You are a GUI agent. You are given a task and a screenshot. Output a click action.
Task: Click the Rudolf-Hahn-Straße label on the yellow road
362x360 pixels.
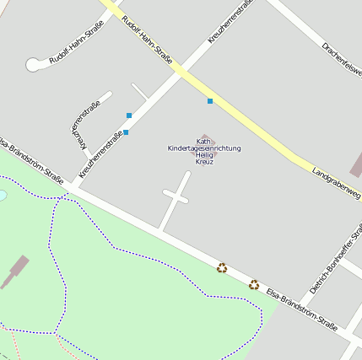point(147,40)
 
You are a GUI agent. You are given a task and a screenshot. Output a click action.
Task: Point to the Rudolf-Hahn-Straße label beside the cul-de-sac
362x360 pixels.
point(77,48)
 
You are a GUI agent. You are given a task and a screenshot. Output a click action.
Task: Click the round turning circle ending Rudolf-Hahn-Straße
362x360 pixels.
point(34,64)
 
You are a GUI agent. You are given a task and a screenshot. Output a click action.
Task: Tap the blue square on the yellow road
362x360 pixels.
point(210,101)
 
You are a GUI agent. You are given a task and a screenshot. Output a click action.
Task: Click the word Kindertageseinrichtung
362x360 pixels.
point(204,148)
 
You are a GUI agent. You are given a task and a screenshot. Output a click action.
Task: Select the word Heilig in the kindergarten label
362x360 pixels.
point(204,155)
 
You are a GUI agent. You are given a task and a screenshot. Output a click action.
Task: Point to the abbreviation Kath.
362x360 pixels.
point(203,141)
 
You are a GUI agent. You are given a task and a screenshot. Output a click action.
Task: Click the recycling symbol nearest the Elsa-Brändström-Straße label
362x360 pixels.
point(254,284)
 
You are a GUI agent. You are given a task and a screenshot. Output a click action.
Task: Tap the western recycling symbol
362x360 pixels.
point(222,268)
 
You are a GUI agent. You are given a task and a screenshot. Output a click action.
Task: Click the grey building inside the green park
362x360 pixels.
point(14,272)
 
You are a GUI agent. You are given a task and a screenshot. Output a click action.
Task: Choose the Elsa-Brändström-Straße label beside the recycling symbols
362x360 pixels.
point(302,305)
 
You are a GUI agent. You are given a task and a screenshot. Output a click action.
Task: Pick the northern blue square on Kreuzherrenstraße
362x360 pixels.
point(129,115)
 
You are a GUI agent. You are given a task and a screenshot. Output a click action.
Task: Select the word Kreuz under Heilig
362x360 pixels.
point(204,162)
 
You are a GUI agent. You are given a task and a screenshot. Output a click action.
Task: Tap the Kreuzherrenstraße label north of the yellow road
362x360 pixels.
point(230,23)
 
